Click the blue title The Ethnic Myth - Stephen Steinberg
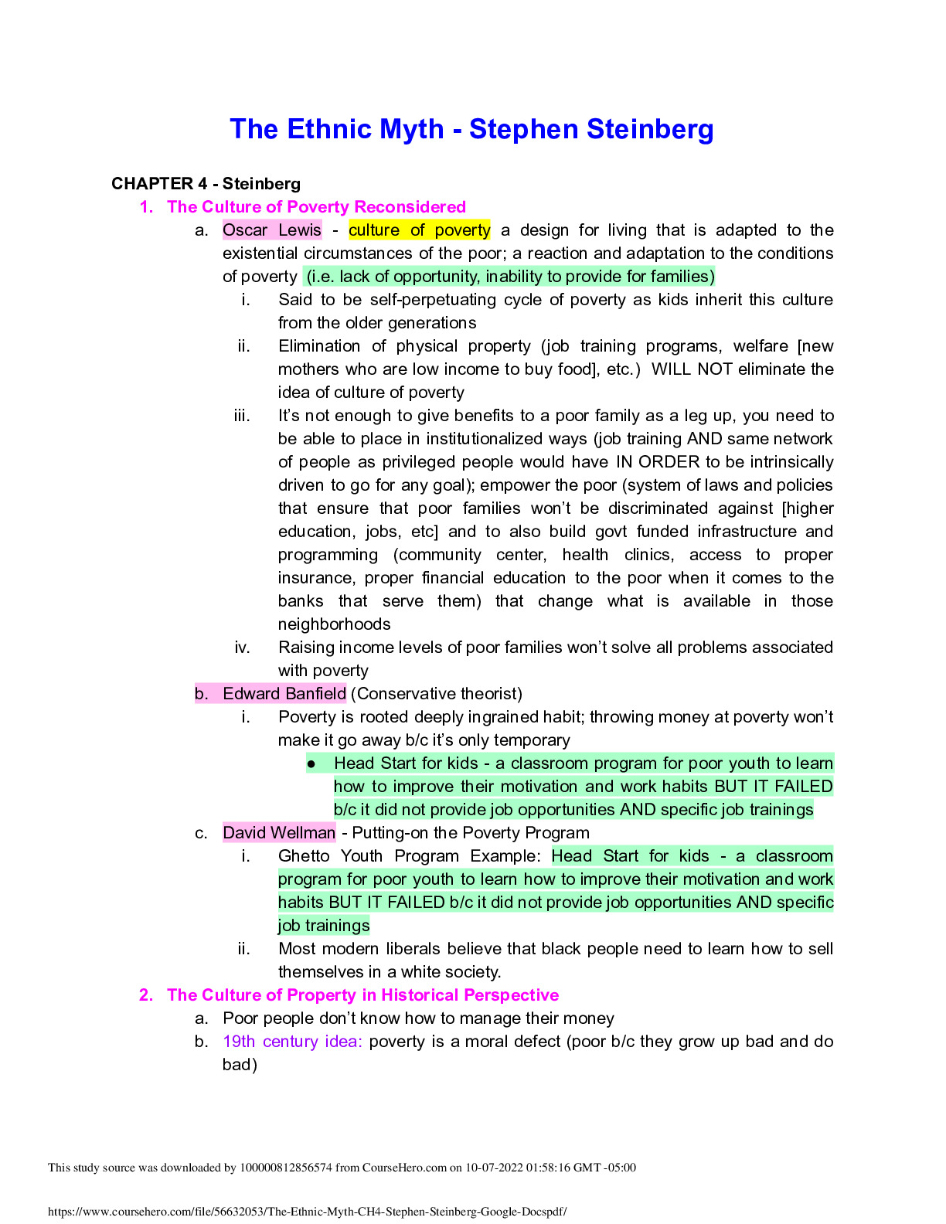[x=471, y=129]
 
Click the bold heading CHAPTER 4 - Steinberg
[x=206, y=184]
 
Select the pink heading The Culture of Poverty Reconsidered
[x=316, y=207]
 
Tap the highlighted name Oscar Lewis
[x=271, y=230]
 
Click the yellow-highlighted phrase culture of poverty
[x=419, y=230]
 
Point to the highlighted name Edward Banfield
[x=284, y=694]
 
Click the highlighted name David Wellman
[x=279, y=833]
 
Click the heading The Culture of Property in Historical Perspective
[x=362, y=995]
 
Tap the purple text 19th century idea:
[x=292, y=1042]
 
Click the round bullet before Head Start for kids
[x=311, y=764]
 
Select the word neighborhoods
[x=334, y=624]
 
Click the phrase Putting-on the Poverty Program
[x=471, y=833]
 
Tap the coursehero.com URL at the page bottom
[x=308, y=1212]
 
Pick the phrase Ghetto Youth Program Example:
[x=410, y=856]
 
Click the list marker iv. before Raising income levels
[x=243, y=648]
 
